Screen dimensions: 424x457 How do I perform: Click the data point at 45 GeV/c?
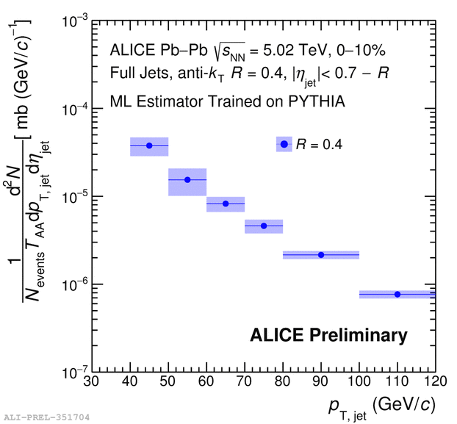coord(149,145)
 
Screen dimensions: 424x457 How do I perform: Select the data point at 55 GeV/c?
coord(187,179)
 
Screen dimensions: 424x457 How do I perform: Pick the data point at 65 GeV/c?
coord(226,204)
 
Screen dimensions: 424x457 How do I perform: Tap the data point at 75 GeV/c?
coord(264,226)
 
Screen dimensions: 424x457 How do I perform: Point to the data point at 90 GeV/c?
coord(321,255)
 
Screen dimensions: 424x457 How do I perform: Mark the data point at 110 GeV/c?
coord(397,294)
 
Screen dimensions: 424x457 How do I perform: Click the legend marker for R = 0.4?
coord(284,144)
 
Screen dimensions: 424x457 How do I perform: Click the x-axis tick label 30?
coord(92,382)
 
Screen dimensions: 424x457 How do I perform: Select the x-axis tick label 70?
coord(245,382)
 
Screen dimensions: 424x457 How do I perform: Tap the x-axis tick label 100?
coord(359,382)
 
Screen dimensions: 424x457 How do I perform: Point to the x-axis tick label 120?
coord(436,382)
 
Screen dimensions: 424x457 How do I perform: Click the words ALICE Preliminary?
coord(328,336)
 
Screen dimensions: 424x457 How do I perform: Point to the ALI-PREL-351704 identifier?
coord(46,417)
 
